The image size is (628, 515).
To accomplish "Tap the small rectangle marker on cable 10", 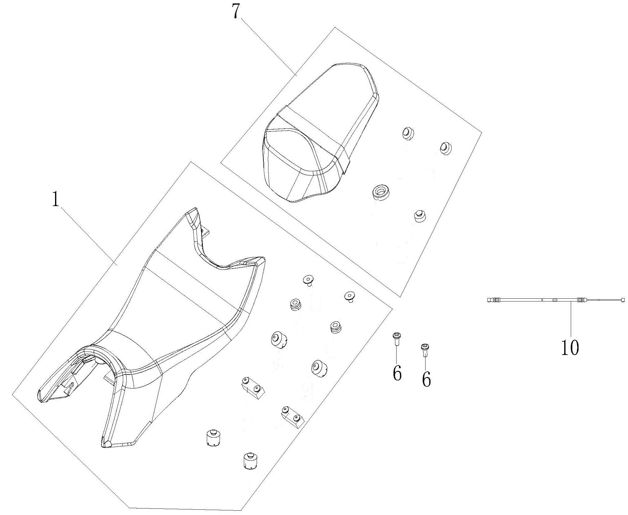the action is coord(554,300).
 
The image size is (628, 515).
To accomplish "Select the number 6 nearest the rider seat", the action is coord(397,373).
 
